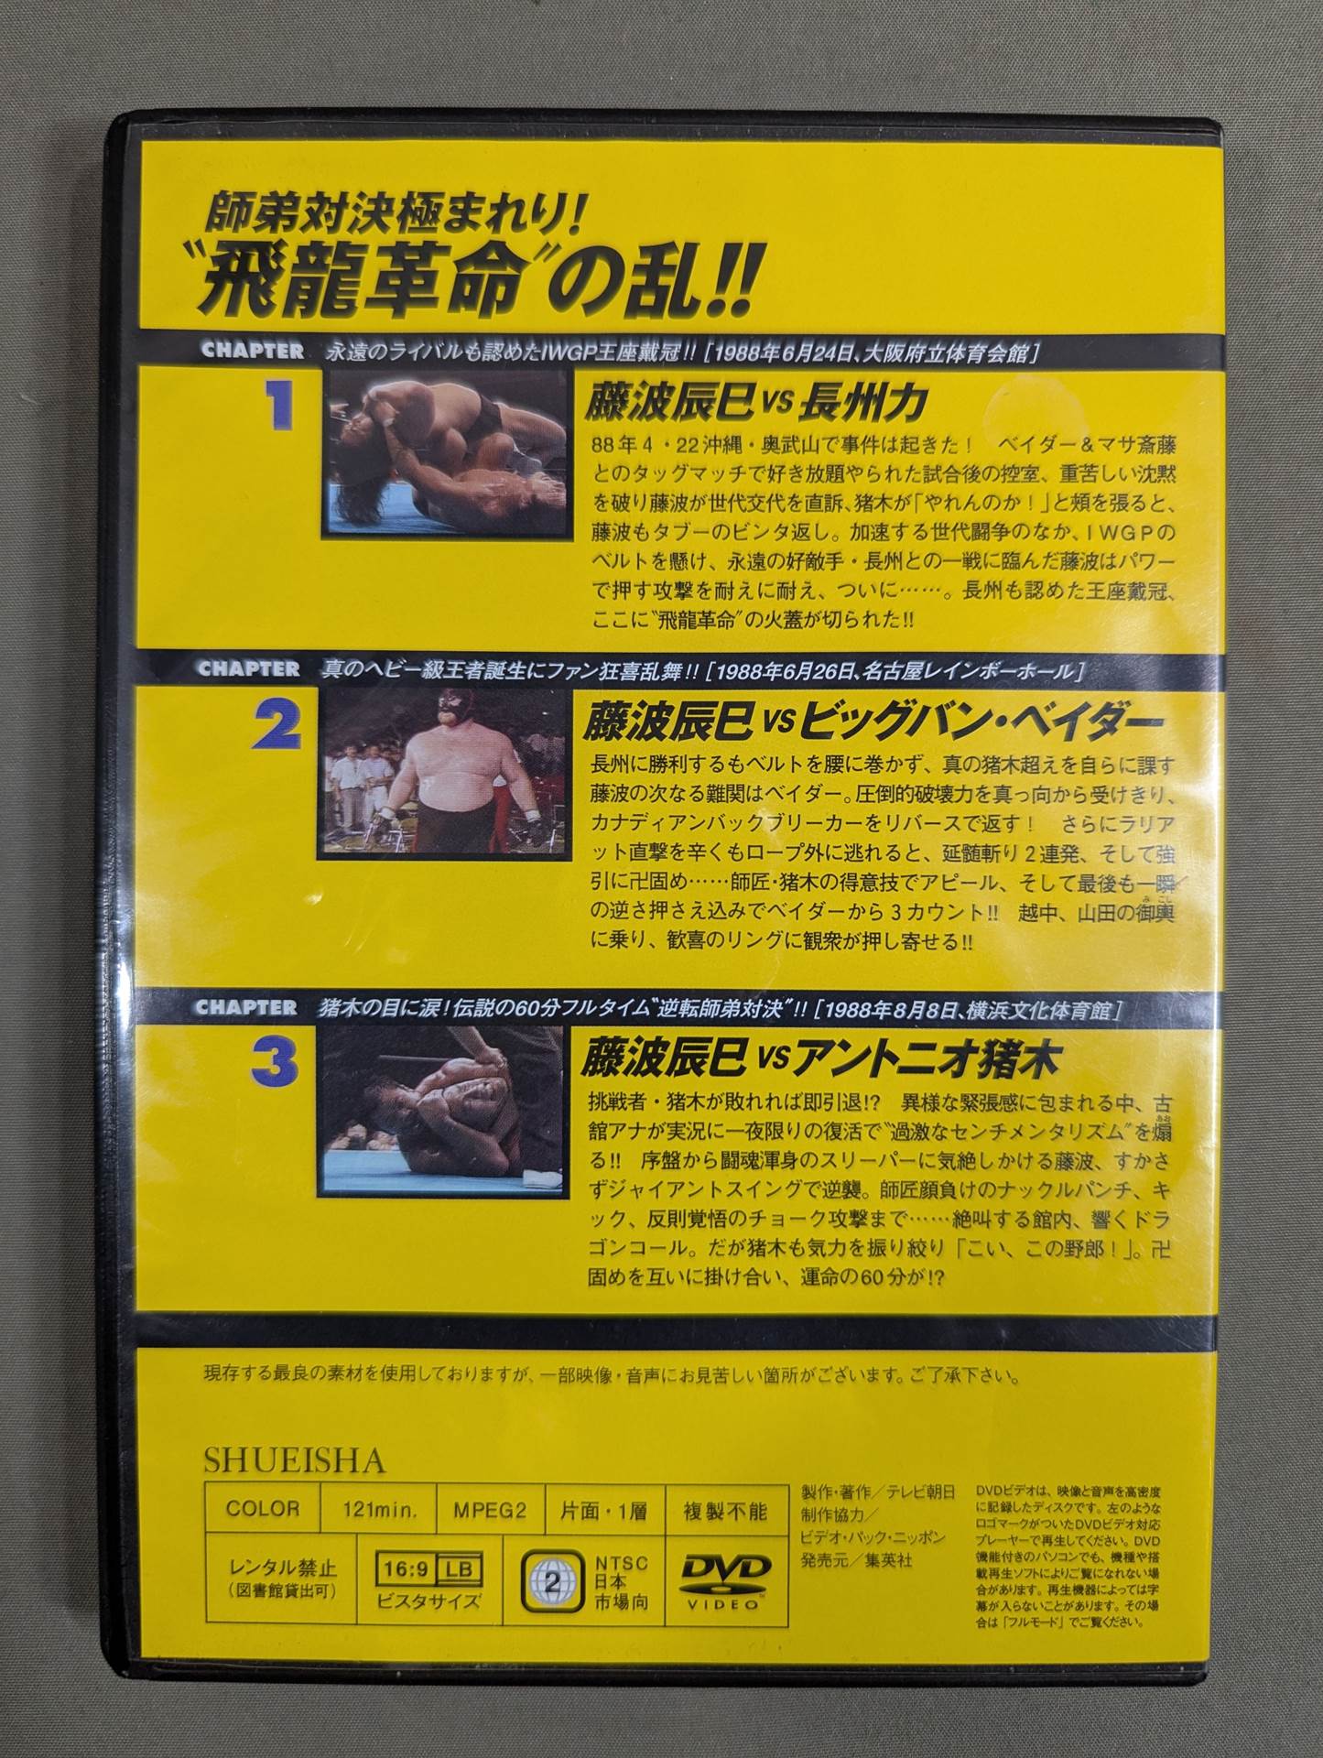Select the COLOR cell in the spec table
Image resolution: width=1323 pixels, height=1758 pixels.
262,1509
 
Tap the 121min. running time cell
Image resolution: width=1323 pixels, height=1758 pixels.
378,1510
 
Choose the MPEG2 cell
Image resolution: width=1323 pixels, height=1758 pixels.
490,1510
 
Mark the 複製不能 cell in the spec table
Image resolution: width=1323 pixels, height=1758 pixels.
725,1510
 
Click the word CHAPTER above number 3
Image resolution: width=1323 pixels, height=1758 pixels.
246,1007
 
